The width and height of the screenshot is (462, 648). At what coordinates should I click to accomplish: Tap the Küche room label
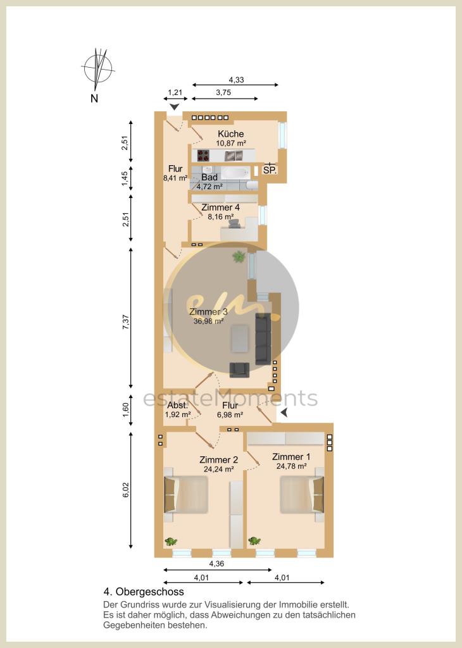[x=230, y=134]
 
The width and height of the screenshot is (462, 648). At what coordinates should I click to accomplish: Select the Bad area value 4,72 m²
[x=209, y=187]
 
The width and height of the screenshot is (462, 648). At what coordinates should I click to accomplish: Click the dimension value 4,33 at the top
[x=235, y=79]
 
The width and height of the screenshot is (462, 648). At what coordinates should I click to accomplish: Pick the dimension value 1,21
[x=175, y=93]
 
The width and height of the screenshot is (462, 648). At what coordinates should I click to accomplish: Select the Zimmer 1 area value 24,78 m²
[x=291, y=466]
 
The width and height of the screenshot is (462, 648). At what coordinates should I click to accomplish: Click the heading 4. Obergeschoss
[x=144, y=592]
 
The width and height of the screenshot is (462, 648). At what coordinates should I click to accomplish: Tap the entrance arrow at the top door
[x=174, y=107]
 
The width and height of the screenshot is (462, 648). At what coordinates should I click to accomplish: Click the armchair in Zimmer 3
[x=239, y=370]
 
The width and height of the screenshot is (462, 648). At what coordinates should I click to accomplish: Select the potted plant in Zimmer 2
[x=171, y=541]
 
